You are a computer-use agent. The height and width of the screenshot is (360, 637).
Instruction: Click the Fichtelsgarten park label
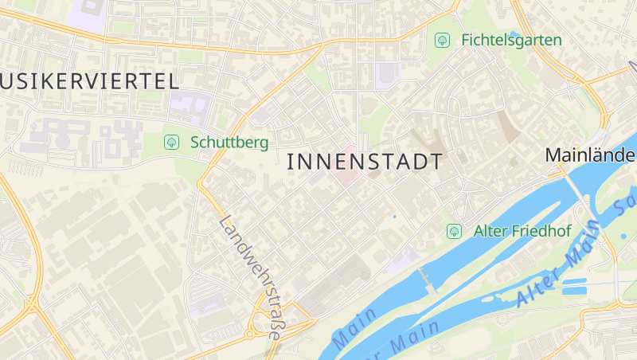[x=511, y=40]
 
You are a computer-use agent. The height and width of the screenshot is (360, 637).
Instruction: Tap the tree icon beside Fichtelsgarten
[x=442, y=39]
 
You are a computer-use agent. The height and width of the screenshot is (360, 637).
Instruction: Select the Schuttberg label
[x=229, y=143]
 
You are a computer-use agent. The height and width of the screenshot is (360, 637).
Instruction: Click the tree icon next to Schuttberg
[x=170, y=142]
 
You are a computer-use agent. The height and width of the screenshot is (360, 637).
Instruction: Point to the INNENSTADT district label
[x=364, y=162]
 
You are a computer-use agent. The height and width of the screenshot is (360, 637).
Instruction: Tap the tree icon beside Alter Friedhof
[x=454, y=231]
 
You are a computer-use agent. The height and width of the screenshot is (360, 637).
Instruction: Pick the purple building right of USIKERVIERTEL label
[x=190, y=107]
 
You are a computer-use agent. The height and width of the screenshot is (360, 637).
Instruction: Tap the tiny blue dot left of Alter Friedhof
[x=393, y=216]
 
